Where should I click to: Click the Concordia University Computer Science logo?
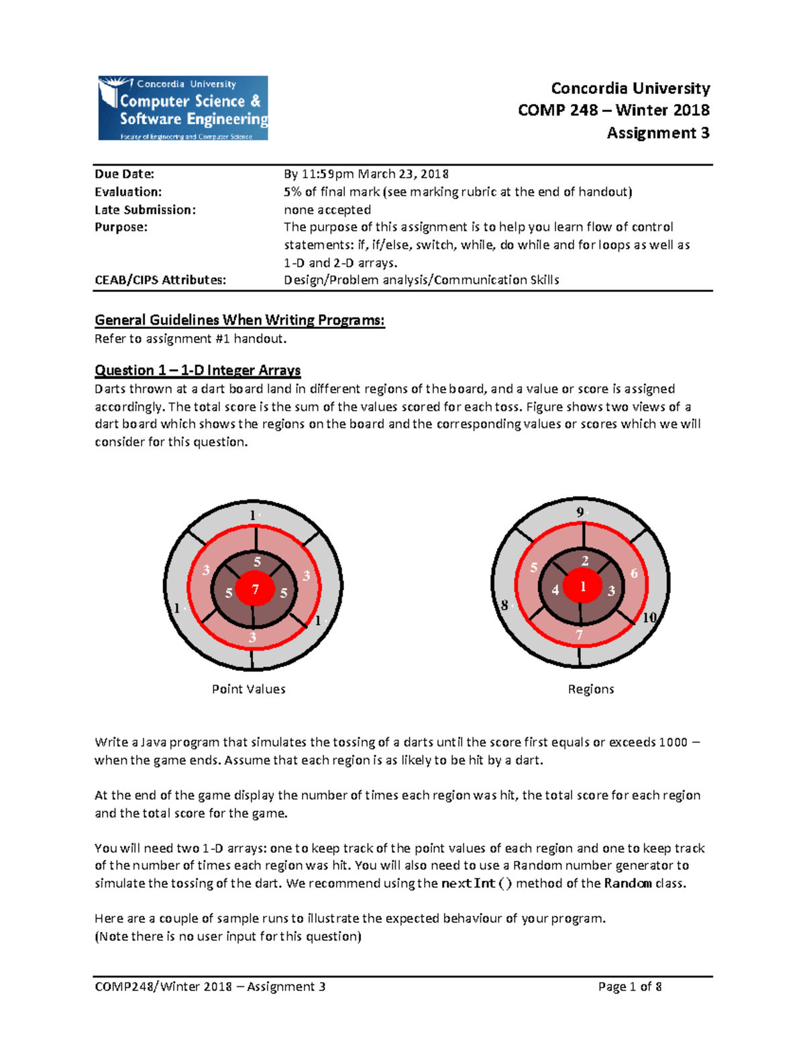point(183,108)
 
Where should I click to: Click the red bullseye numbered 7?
point(255,589)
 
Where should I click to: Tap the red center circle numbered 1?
point(583,586)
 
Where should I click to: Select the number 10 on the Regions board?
point(649,617)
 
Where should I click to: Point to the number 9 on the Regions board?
point(580,512)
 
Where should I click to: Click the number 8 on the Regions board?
point(504,605)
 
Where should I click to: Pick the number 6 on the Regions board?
point(634,573)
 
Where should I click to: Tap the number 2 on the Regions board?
point(585,561)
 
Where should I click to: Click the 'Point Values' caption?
point(248,689)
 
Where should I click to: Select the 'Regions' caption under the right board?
point(590,689)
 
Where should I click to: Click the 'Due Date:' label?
point(124,174)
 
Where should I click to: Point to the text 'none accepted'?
point(327,210)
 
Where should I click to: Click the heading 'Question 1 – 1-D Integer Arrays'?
point(197,370)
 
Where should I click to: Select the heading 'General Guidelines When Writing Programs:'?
point(239,320)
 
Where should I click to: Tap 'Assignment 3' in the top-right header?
point(657,133)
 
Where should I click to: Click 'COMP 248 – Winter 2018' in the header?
point(613,110)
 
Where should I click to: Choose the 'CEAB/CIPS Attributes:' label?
point(160,280)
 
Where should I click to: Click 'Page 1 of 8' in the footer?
point(630,986)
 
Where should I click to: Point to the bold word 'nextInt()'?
point(476,884)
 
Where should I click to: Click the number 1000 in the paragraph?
point(673,742)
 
